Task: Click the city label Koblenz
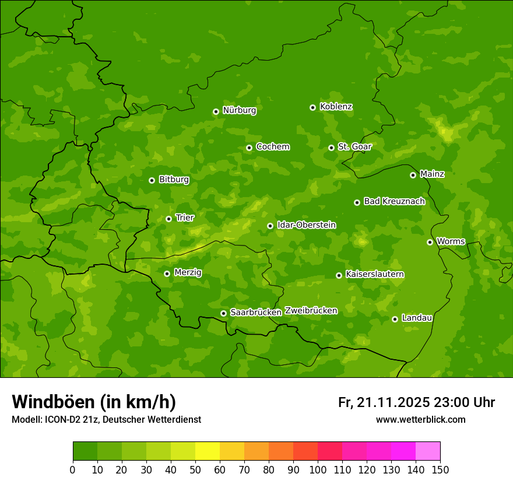(336, 107)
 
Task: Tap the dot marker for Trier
(168, 219)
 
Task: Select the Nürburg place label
(239, 110)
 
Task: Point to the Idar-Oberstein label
(306, 225)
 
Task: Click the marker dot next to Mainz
(413, 175)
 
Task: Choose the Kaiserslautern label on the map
(374, 274)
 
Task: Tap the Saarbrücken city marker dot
(223, 313)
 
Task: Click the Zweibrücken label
(311, 311)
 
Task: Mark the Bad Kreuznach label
(394, 201)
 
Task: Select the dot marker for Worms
(430, 242)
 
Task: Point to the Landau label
(417, 318)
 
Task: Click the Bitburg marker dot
(152, 180)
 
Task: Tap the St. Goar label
(354, 146)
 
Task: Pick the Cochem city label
(272, 146)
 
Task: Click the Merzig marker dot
(167, 273)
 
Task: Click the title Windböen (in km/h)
(94, 402)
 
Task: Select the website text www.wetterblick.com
(420, 419)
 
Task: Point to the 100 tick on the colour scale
(318, 469)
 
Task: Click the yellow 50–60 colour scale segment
(208, 451)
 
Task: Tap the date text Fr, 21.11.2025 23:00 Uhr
(416, 402)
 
